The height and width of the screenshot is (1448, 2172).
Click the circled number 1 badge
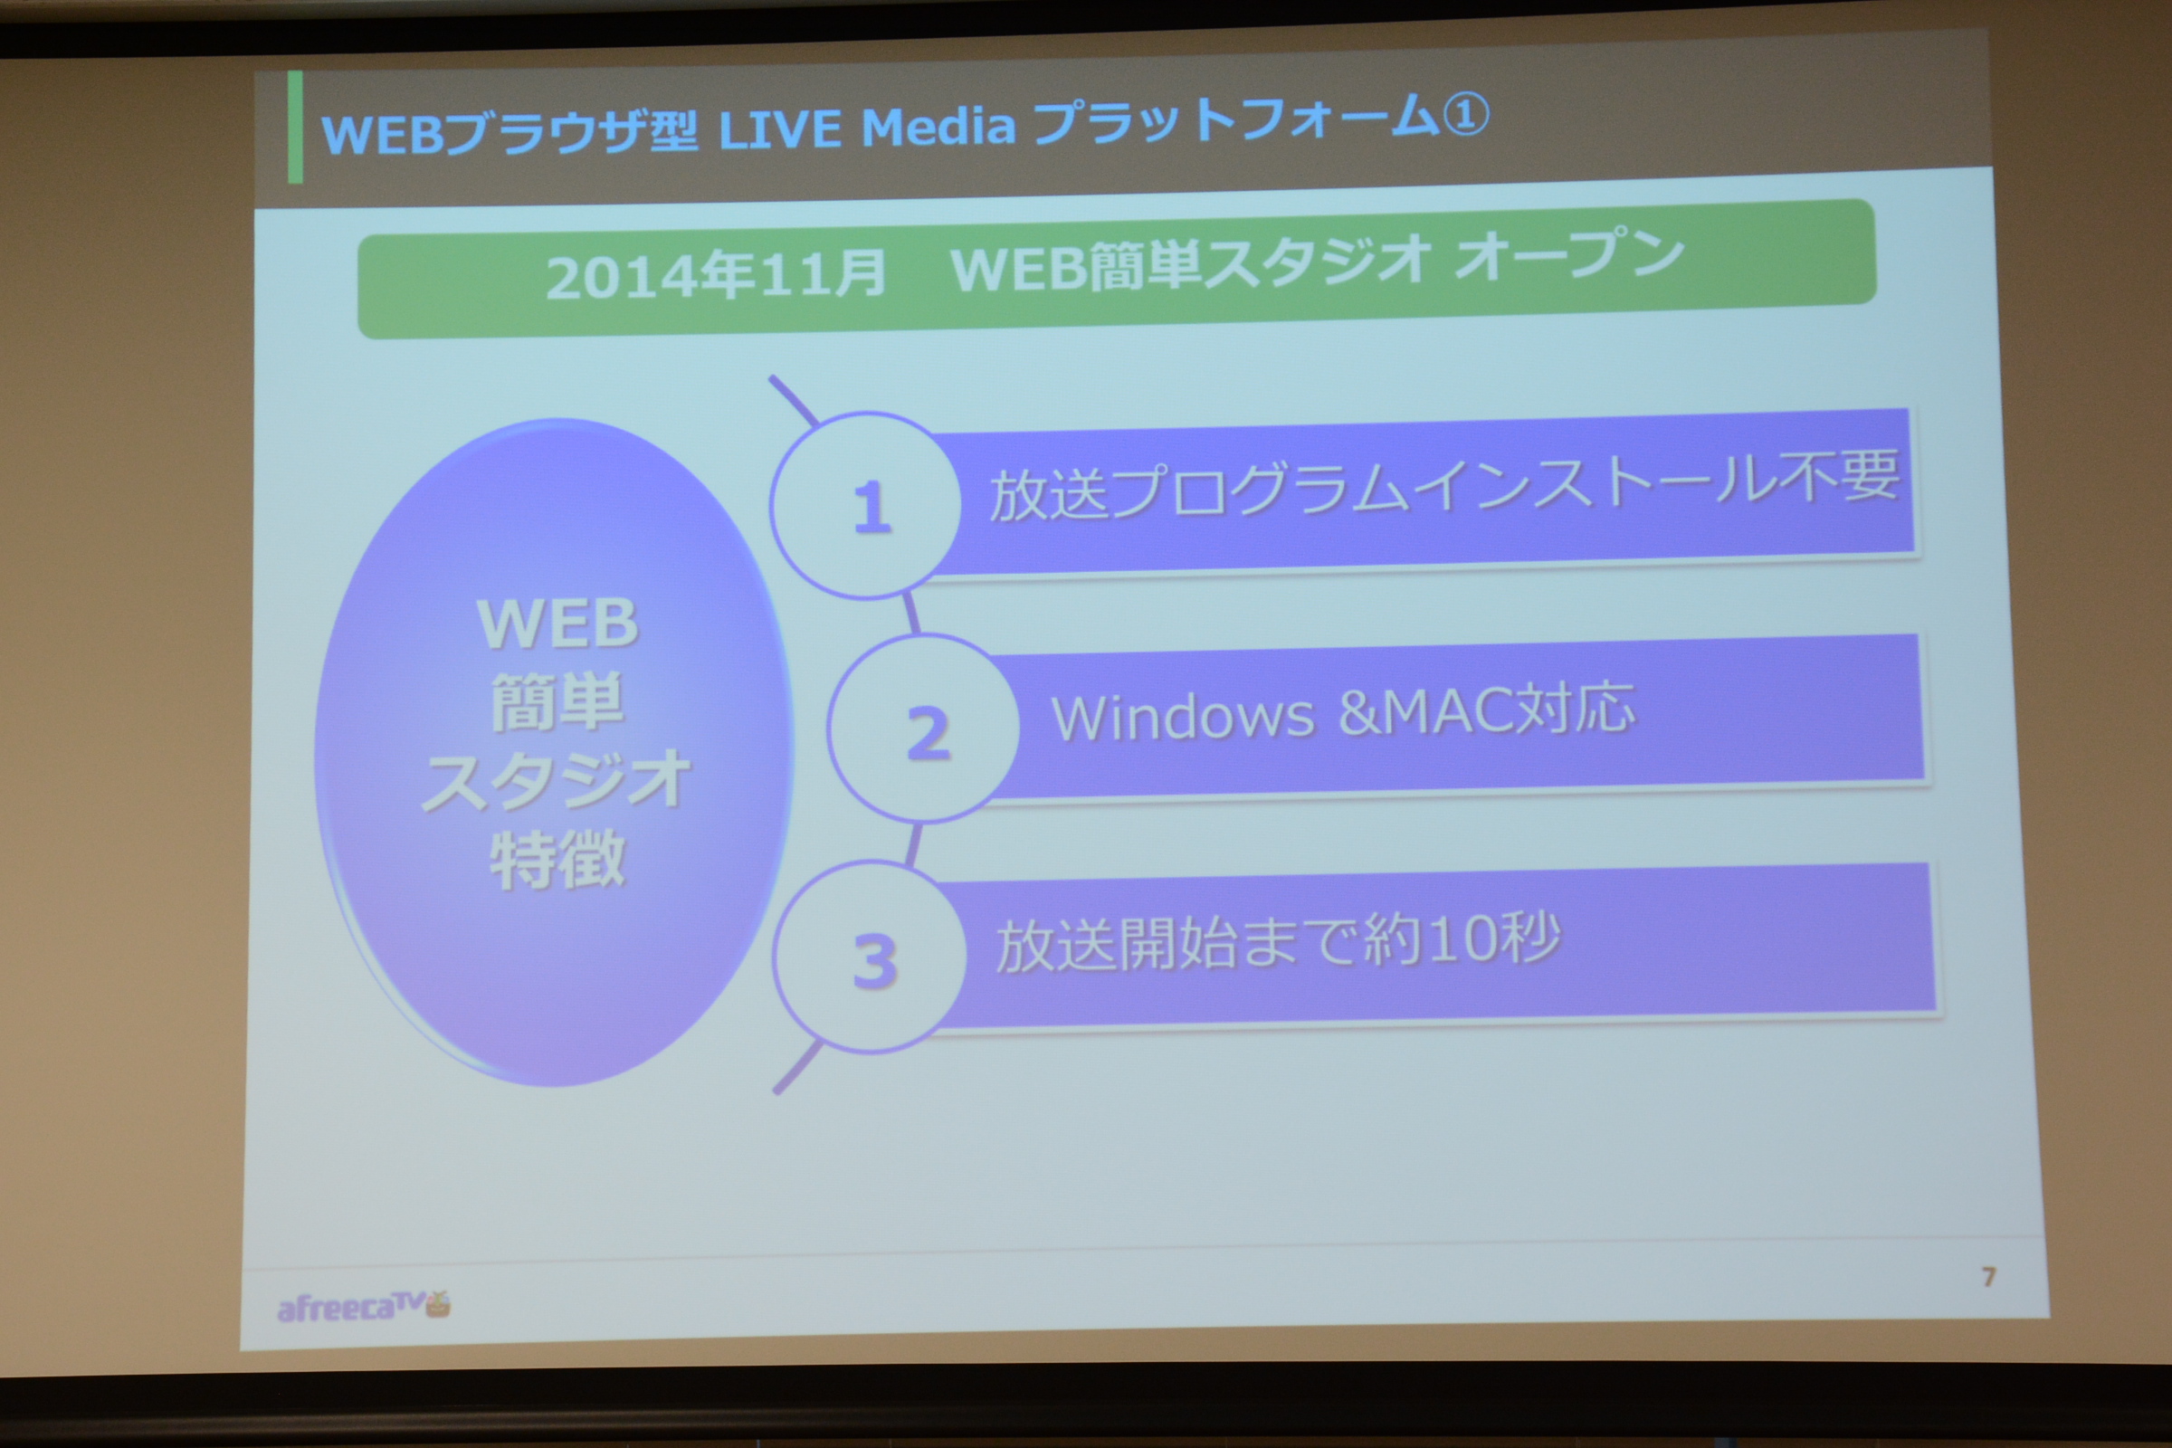[x=866, y=506]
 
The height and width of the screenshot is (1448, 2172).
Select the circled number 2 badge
[x=923, y=729]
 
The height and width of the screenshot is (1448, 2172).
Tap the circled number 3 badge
[x=870, y=957]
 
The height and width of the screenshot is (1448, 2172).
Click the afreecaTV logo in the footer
[x=363, y=1306]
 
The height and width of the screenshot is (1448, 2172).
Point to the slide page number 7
[x=1988, y=1277]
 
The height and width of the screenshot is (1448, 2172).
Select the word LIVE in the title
[x=779, y=129]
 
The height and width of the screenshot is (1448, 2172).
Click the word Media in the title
[x=938, y=126]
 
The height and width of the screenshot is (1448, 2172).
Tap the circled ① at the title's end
[x=1465, y=115]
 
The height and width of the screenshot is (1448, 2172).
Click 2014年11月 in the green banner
[x=717, y=274]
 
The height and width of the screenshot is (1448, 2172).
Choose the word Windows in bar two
[x=1183, y=716]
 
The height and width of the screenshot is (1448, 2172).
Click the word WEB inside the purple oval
[x=557, y=624]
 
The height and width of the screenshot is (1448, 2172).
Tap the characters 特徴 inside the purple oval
[x=557, y=860]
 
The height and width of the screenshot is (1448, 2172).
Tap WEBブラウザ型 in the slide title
[x=509, y=132]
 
